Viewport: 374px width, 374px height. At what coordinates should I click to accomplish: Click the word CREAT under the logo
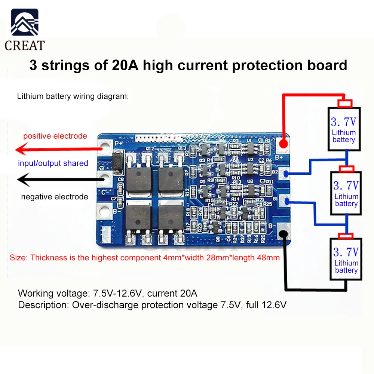point(25,45)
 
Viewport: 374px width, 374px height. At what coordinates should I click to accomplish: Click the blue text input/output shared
point(53,163)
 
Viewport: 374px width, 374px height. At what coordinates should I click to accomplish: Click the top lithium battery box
point(344,129)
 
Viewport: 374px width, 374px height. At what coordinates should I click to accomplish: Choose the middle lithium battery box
point(346,193)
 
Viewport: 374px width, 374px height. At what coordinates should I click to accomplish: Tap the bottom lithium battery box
point(346,259)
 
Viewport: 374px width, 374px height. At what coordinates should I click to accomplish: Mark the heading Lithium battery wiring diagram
point(73,96)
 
